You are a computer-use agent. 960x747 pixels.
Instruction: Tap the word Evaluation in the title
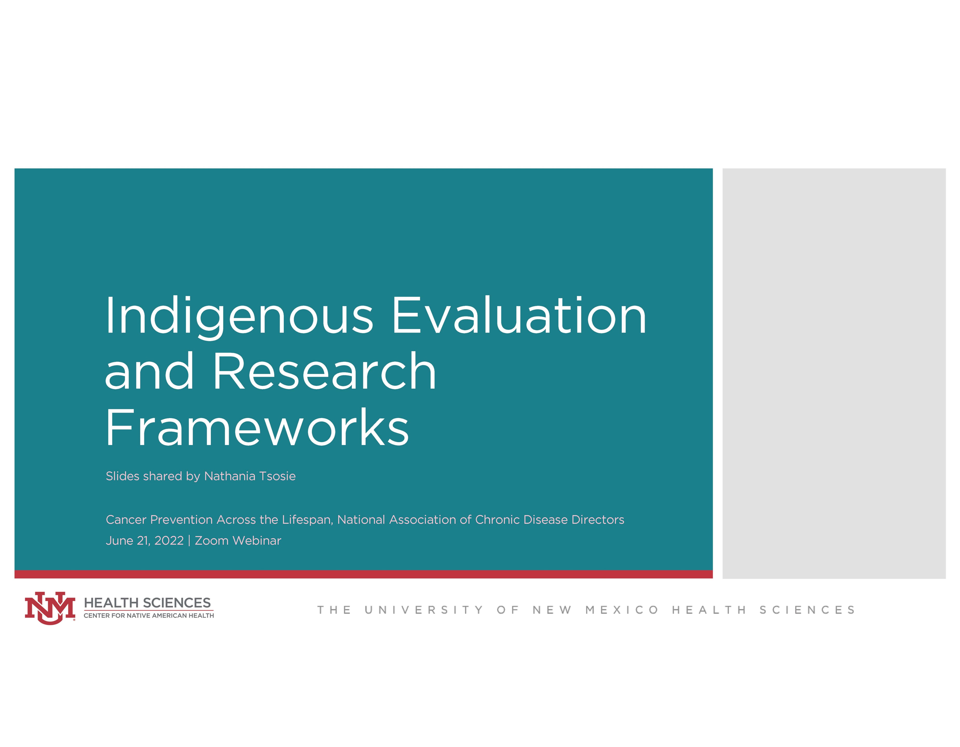[x=519, y=315]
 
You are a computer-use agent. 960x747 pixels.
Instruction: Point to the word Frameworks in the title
[x=257, y=427]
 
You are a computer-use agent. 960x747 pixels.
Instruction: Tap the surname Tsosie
[x=277, y=476]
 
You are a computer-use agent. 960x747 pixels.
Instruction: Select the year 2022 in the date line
[x=169, y=541]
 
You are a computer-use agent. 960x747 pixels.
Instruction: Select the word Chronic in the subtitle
[x=498, y=520]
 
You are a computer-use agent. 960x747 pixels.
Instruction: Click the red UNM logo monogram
[x=50, y=608]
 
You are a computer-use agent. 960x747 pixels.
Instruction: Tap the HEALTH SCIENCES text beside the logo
[x=147, y=603]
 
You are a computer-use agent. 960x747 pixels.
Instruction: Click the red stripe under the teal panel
[x=363, y=574]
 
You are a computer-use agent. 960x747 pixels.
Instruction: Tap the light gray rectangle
[x=834, y=374]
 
